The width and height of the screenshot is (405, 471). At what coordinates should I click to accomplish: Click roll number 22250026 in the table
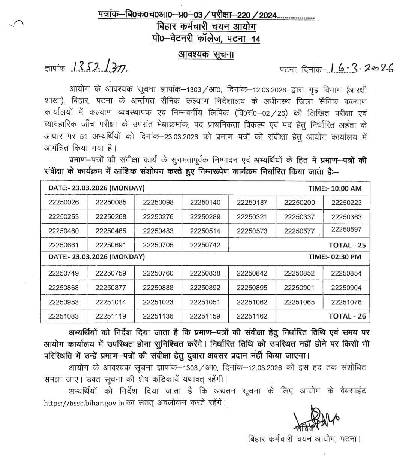(63, 203)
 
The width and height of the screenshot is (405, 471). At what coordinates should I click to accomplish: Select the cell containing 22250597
(346, 230)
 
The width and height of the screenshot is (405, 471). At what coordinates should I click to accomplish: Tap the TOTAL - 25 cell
(347, 245)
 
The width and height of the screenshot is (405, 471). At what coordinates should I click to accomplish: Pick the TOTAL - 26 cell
(347, 316)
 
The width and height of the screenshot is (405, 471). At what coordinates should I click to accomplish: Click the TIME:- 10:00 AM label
(335, 188)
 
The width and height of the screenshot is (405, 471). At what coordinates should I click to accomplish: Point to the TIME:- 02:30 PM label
(335, 257)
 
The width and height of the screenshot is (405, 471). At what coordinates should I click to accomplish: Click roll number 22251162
(252, 316)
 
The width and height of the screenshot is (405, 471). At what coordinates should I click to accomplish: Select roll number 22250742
(205, 245)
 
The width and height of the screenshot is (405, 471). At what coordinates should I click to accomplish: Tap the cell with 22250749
(63, 273)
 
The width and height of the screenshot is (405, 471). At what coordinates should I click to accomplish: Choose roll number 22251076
(346, 302)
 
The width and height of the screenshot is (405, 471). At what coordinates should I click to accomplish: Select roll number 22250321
(252, 217)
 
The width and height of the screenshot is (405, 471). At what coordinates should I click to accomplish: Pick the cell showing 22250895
(252, 288)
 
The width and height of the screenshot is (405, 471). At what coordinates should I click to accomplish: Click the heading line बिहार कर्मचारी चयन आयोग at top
(206, 27)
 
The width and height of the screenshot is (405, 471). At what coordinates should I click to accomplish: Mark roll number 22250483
(158, 231)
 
